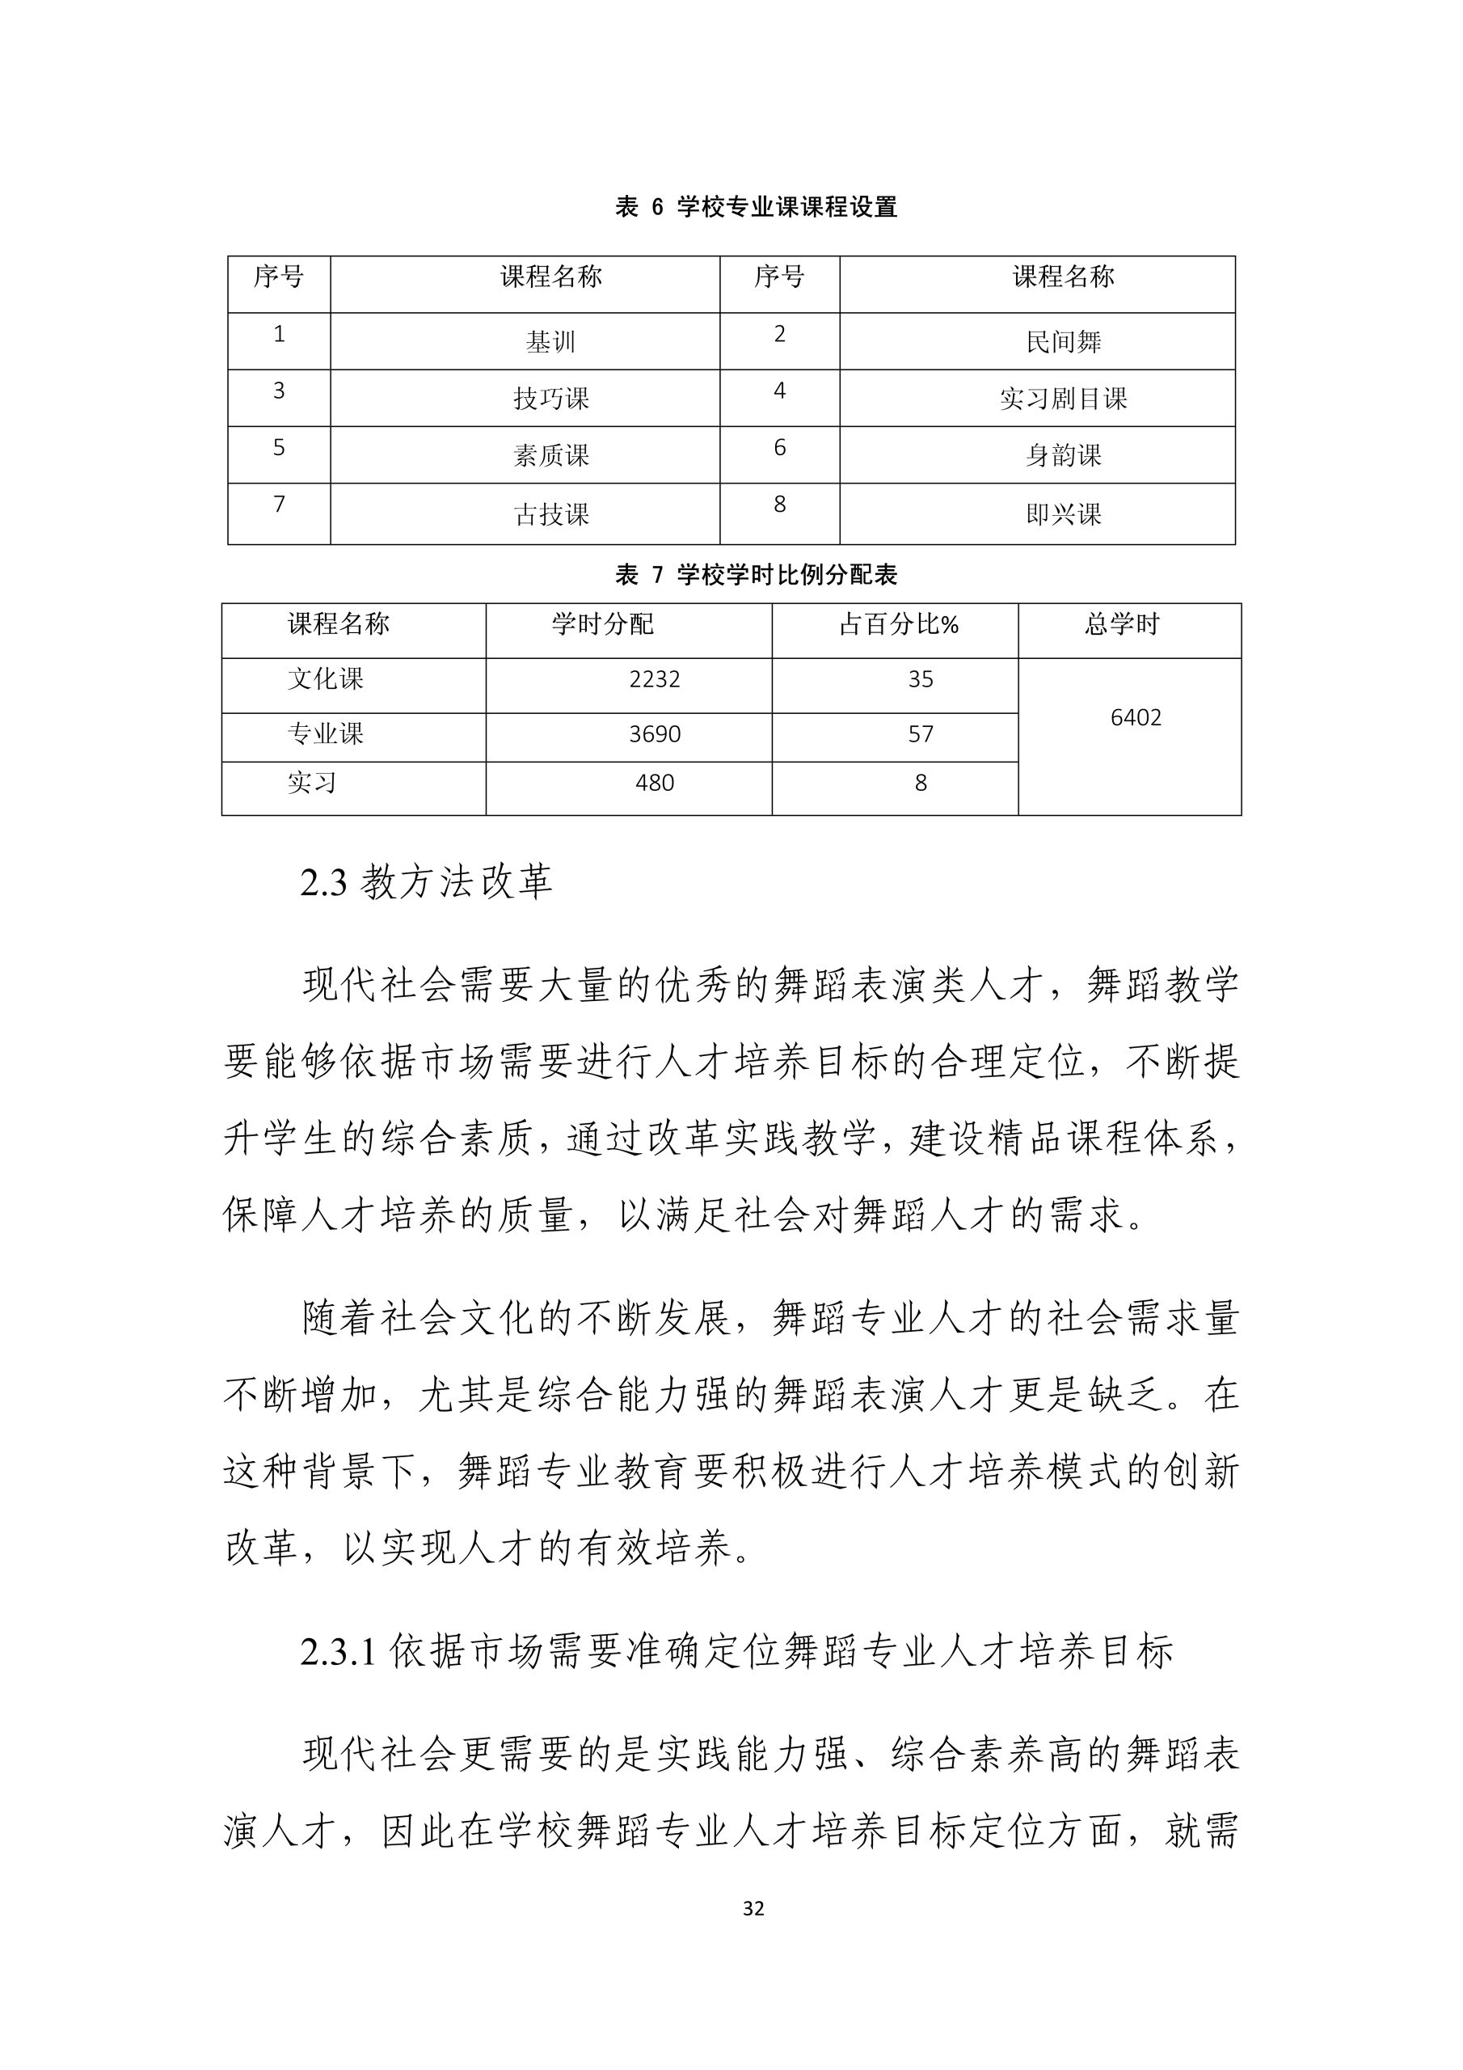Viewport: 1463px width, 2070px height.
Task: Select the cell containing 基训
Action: pos(550,343)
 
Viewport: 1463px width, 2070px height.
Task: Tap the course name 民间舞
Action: pos(1063,343)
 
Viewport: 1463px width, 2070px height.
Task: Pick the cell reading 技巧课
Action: pos(550,399)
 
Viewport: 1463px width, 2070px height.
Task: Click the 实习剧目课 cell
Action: pos(1063,399)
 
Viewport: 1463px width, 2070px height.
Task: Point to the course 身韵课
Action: pos(1063,456)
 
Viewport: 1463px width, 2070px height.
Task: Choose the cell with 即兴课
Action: pos(1063,515)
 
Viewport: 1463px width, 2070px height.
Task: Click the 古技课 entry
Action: pos(550,515)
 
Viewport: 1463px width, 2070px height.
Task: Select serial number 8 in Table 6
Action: pos(780,505)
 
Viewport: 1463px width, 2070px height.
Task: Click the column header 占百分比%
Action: pos(898,625)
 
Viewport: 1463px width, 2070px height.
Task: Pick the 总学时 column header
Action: pos(1121,625)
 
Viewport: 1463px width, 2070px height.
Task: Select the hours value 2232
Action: pos(655,680)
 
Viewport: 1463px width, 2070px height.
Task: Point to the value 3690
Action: pos(655,735)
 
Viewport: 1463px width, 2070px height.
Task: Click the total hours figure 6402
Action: pos(1135,719)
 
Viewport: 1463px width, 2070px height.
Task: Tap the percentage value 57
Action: pos(921,735)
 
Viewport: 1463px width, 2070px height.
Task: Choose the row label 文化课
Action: pos(326,680)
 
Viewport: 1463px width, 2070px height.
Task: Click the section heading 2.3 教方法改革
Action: pos(425,881)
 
